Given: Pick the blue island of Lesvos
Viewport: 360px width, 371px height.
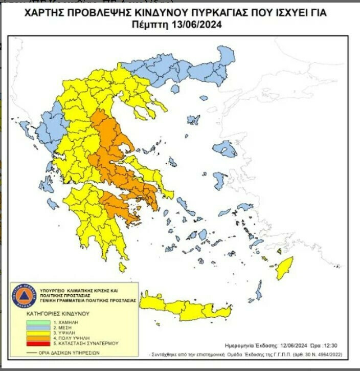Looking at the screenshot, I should tap(225, 150).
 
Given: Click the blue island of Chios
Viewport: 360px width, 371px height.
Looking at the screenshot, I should tap(219, 180).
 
